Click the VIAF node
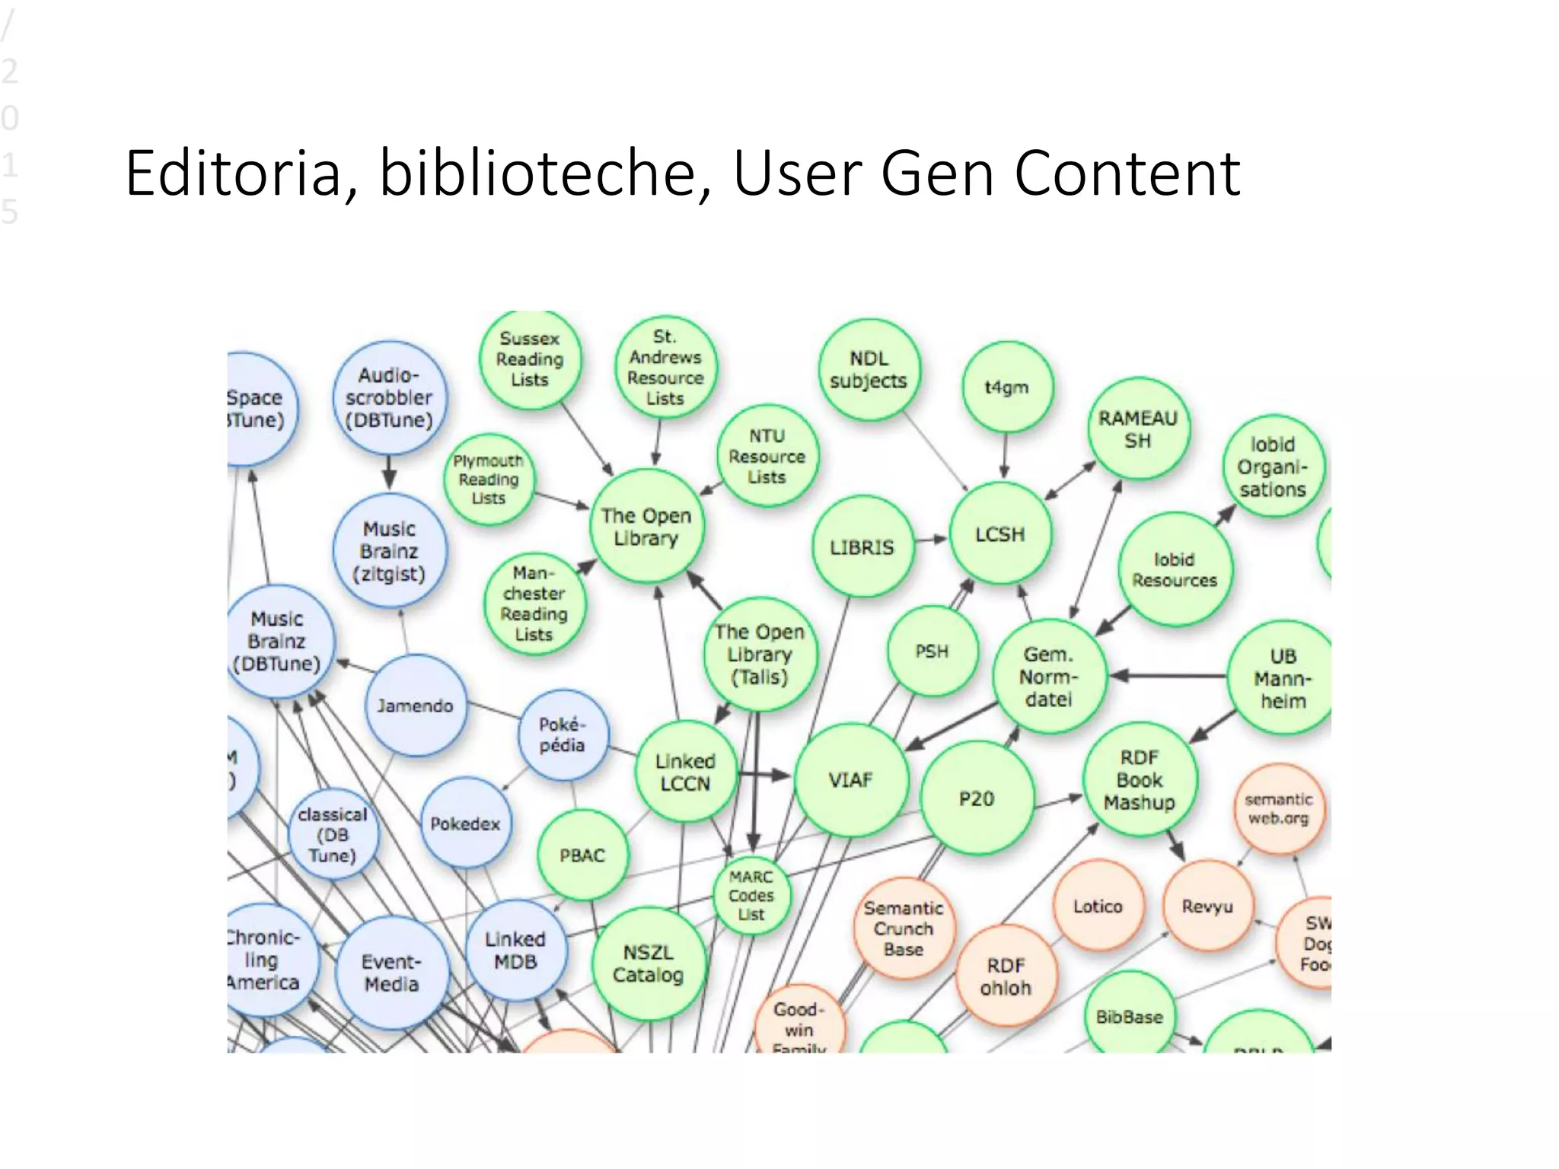tap(851, 780)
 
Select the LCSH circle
tap(1000, 534)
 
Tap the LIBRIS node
tap(862, 547)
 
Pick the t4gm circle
tap(1006, 387)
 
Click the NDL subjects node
tap(869, 370)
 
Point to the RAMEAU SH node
tap(1138, 429)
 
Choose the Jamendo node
tap(415, 706)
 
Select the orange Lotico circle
tap(1098, 906)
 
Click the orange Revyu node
tap(1207, 906)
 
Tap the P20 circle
tap(977, 798)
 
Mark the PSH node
tap(932, 651)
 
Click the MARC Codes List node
tap(751, 896)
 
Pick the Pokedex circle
tap(465, 823)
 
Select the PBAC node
tap(582, 855)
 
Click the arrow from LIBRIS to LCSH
tap(931, 540)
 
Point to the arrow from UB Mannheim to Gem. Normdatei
tap(1168, 675)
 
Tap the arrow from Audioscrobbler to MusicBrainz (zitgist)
tap(389, 472)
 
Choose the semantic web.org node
tap(1279, 809)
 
